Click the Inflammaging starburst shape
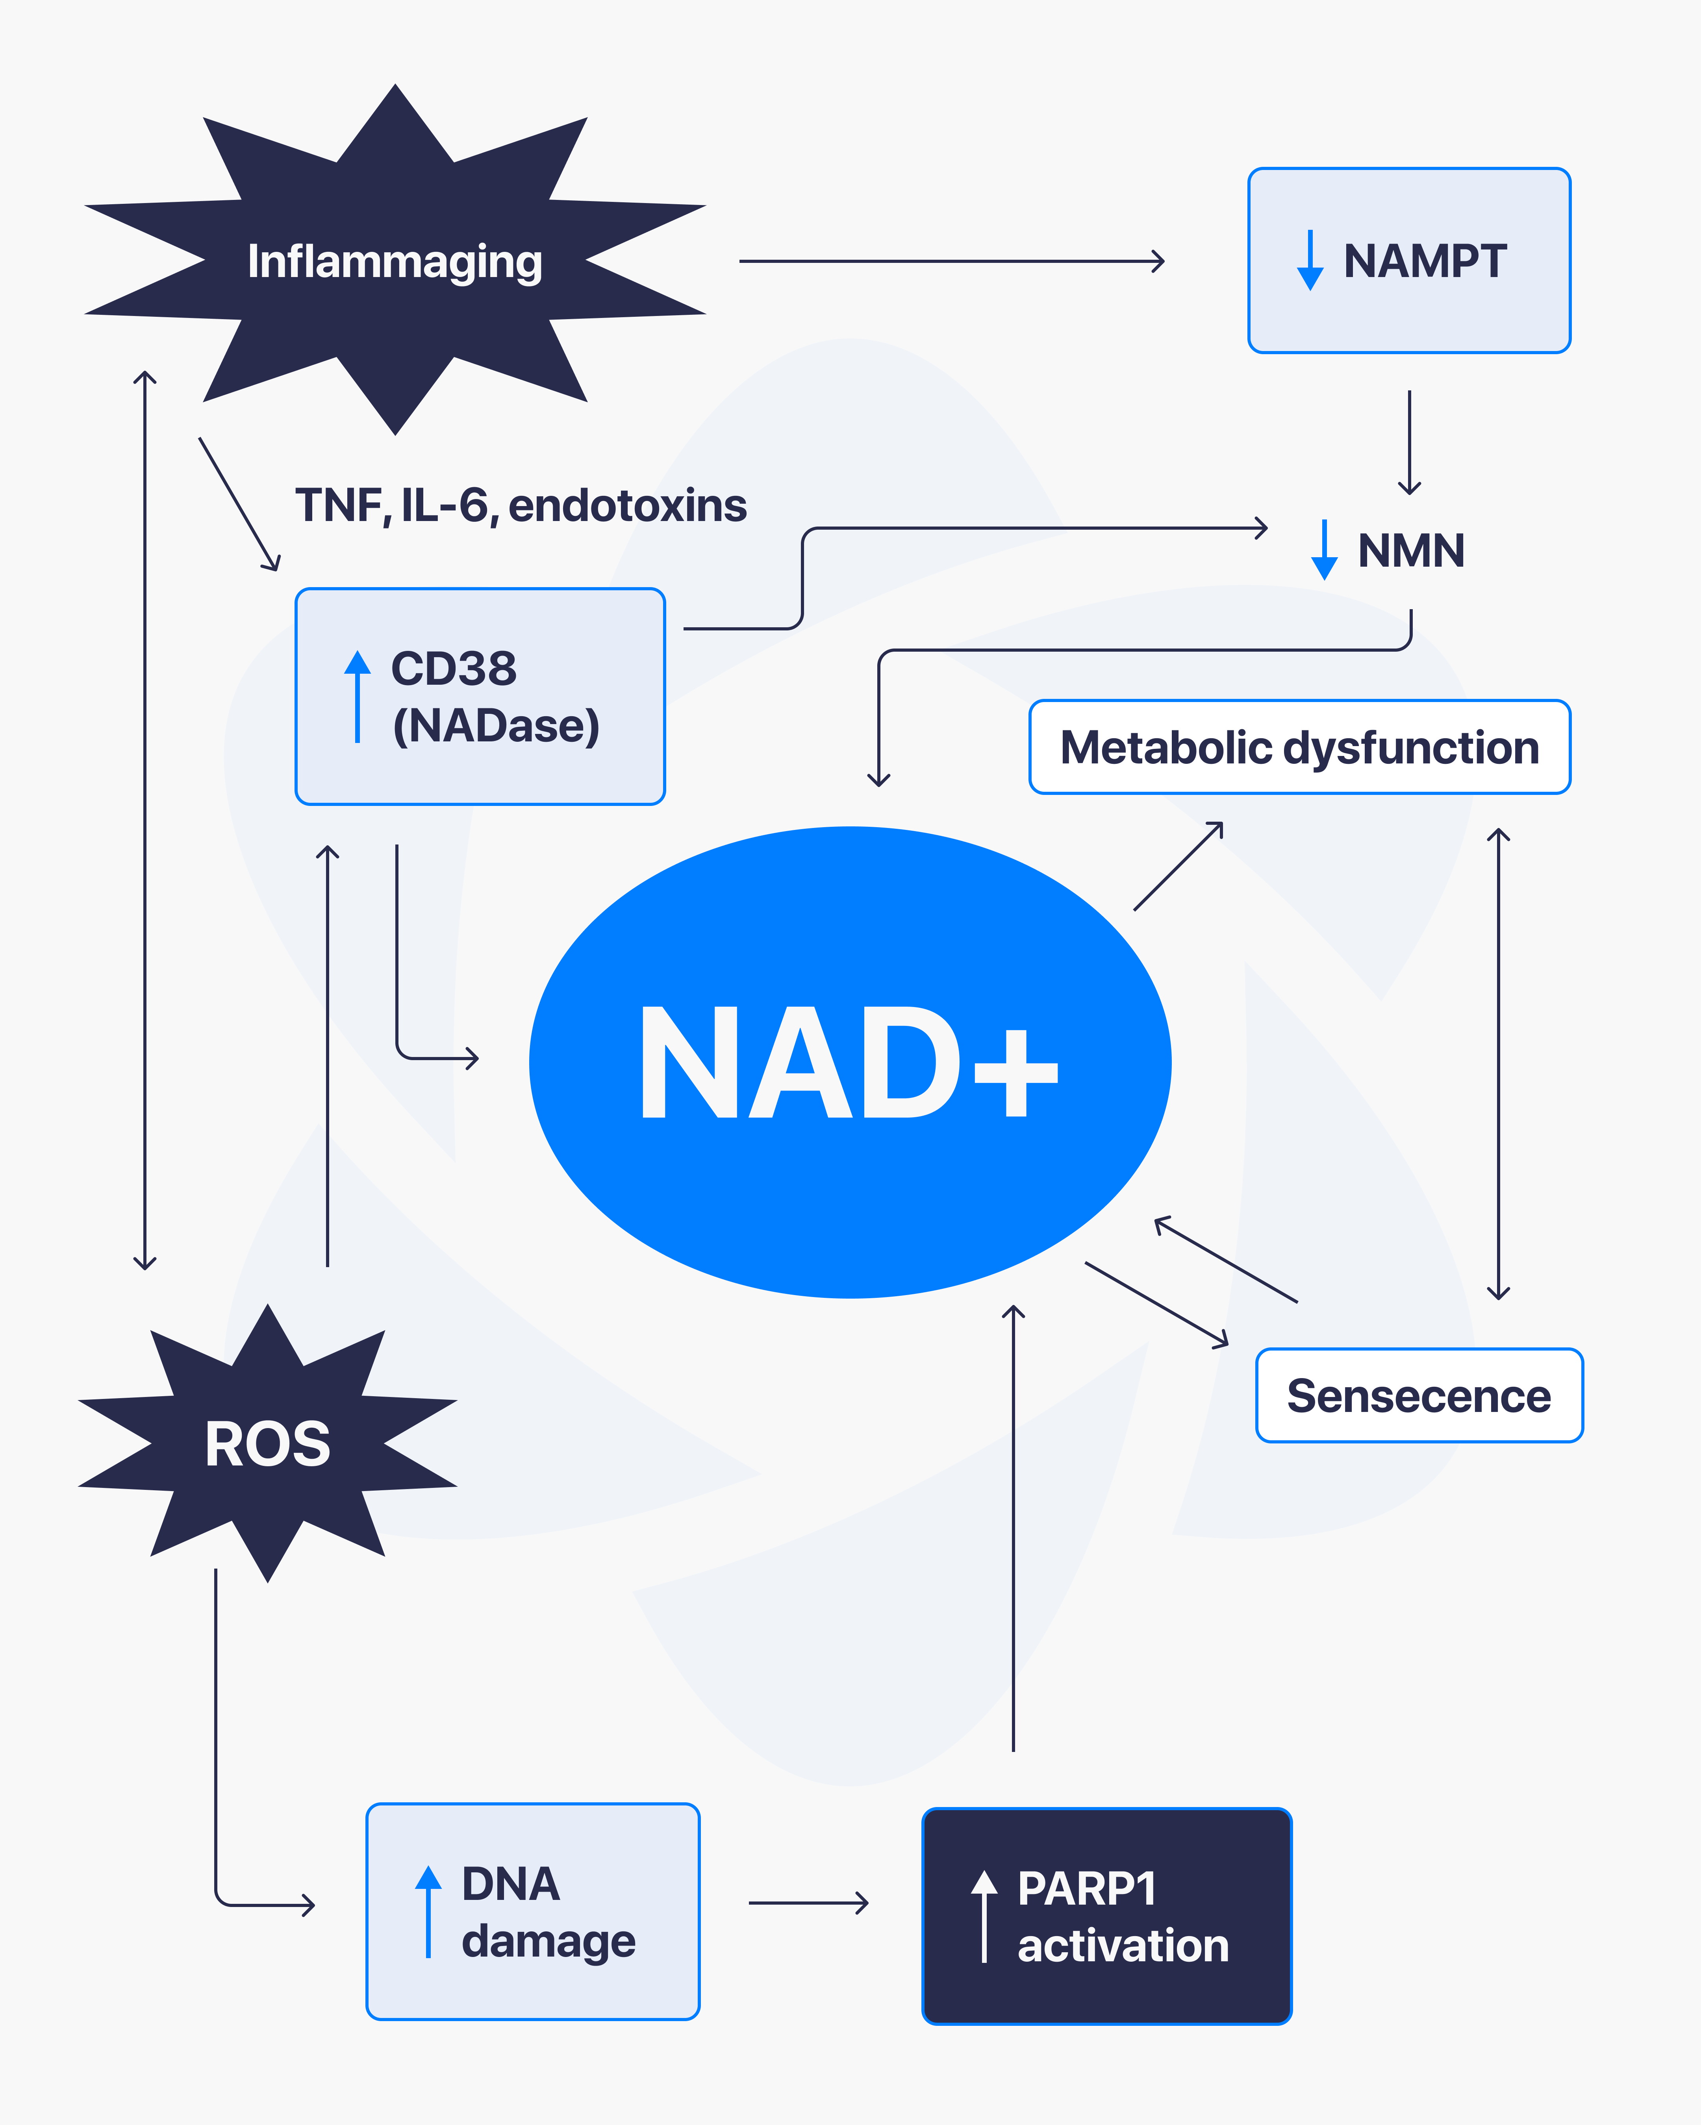pos(395,260)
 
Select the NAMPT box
pos(1409,260)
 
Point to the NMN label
pos(1411,550)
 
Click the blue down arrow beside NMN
pos(1324,550)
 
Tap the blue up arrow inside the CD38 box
pos(357,696)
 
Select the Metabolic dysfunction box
pos(1300,747)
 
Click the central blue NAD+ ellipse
pos(850,1061)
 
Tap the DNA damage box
pos(532,1912)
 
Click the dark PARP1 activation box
pos(1106,1916)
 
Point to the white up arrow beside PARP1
pos(984,1916)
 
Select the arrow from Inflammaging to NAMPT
pos(952,261)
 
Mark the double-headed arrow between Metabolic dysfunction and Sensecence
pos(1499,1064)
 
